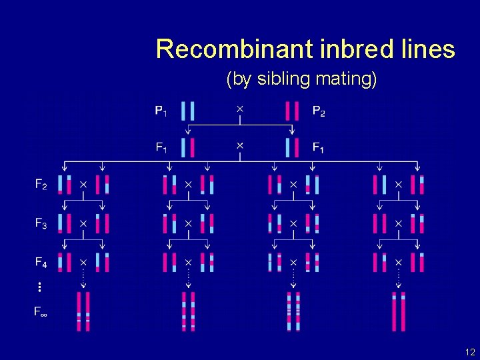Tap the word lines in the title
426,49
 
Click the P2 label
319,111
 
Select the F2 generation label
41,185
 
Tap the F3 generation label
41,223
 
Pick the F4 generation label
41,261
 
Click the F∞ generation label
41,311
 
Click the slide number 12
470,351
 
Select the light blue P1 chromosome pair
188,111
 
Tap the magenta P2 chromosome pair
291,111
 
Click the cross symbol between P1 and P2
240,107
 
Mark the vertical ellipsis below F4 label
40,287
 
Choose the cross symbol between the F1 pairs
240,145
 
